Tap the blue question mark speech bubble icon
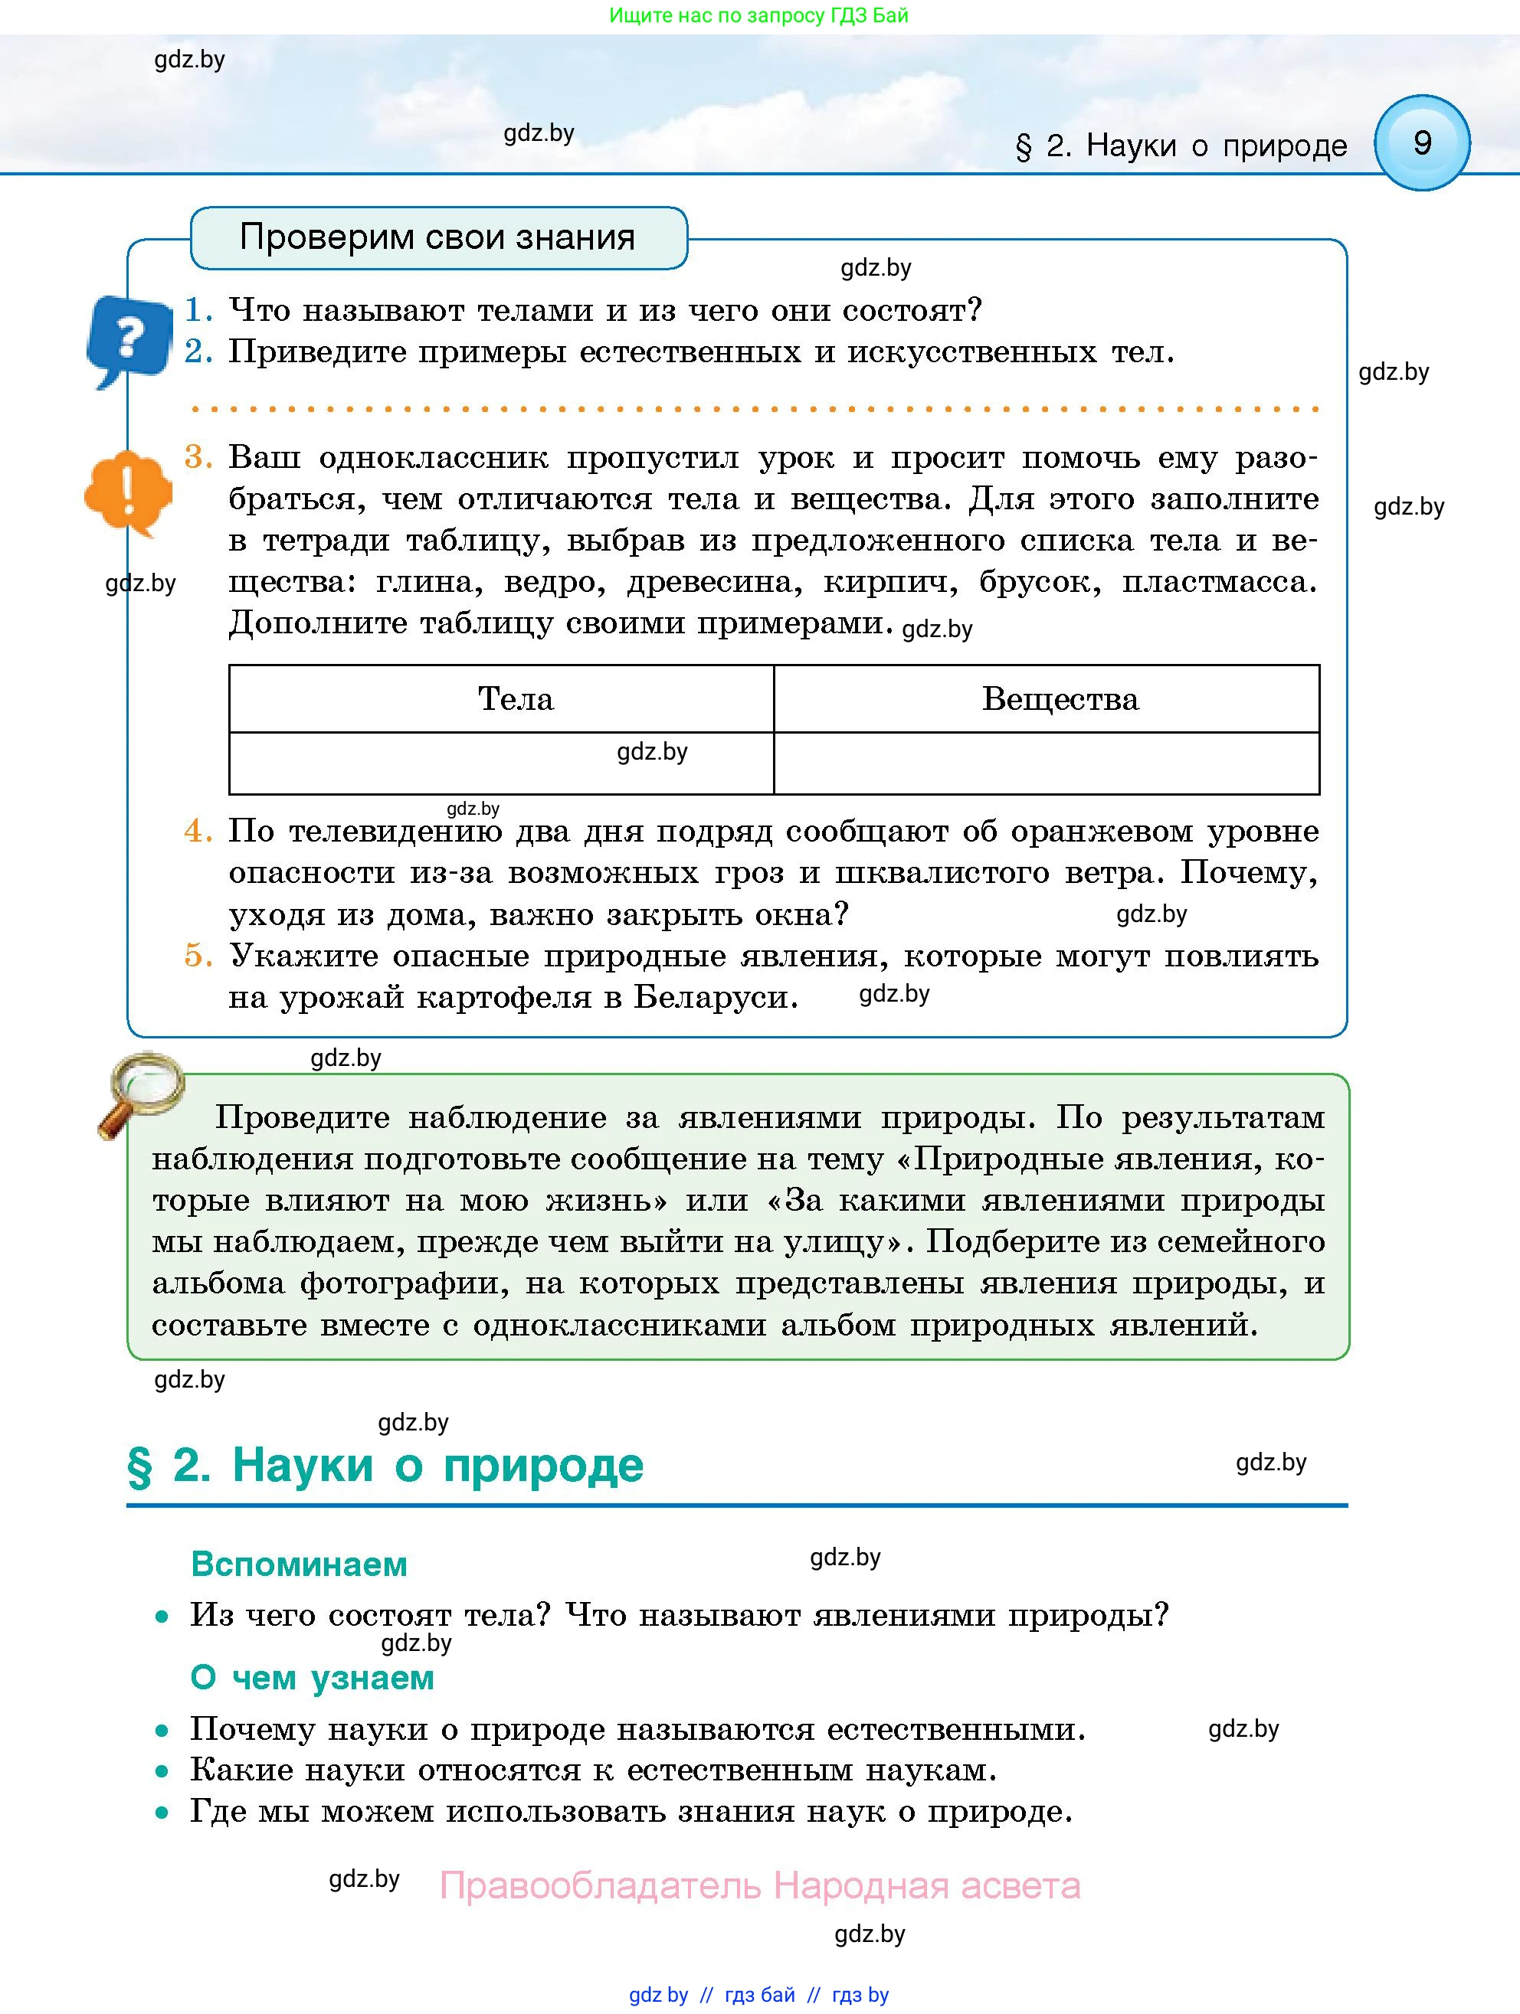(130, 338)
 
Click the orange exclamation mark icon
(129, 492)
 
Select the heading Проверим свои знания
(437, 237)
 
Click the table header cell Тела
(516, 698)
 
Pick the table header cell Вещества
(1060, 698)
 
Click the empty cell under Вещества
(1046, 763)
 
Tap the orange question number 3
(198, 456)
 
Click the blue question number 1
(198, 310)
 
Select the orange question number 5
(198, 955)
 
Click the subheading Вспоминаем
(299, 1564)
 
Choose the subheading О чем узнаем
(312, 1677)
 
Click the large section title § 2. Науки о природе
(385, 1466)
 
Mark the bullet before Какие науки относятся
(162, 1771)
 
